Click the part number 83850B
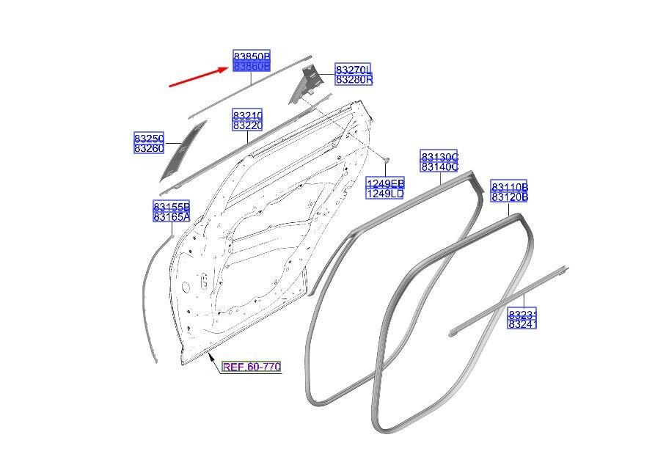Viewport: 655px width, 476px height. (252, 56)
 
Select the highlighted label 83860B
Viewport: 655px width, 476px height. (252, 67)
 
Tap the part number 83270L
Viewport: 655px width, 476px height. (354, 70)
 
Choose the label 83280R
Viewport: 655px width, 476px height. (354, 80)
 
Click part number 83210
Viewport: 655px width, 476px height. (248, 116)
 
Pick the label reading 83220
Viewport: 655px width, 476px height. (248, 126)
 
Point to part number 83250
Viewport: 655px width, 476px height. (148, 138)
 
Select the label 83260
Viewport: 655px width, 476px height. (148, 148)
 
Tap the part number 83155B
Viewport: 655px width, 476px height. (172, 206)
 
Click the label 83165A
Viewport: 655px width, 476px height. (172, 216)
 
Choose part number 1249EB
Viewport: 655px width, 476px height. (385, 183)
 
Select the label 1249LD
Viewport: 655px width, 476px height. (385, 193)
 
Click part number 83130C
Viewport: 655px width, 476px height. (439, 157)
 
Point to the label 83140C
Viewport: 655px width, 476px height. (439, 167)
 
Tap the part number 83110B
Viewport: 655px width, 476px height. (510, 187)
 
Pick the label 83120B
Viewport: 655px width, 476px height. (510, 197)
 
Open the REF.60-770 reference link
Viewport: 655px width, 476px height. (252, 367)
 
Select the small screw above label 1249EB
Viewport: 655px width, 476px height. (386, 159)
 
